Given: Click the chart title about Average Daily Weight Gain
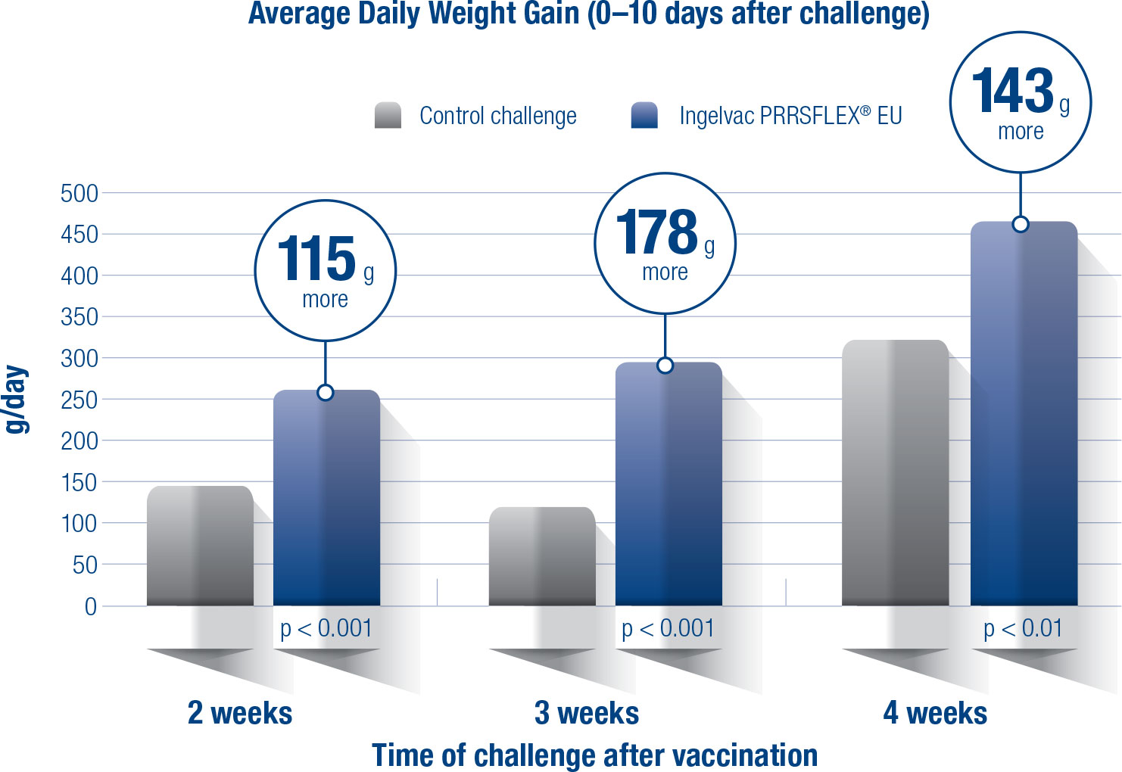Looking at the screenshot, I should [588, 14].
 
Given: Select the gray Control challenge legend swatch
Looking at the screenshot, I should [388, 115].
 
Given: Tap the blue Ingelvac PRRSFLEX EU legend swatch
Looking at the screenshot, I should [644, 115].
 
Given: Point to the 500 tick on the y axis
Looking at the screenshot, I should [79, 193].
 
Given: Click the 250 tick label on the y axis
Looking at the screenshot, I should [79, 400].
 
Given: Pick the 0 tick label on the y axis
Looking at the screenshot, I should [91, 606].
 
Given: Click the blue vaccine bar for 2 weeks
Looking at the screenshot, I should [326, 500].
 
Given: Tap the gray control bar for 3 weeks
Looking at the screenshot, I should [542, 556].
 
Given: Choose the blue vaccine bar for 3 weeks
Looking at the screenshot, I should [669, 484].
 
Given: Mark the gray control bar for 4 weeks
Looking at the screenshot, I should [895, 473].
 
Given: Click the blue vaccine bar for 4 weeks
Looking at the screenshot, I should [1024, 416].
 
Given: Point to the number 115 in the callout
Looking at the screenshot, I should [316, 259].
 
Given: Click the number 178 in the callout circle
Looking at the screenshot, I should [656, 232].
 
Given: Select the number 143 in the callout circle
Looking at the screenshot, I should [1012, 91].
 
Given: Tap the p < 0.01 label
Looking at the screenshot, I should [1023, 628].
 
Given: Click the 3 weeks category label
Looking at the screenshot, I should [587, 713].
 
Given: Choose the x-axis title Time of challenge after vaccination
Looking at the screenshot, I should [594, 755].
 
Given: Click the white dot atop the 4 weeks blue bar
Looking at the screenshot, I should [1021, 224].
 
